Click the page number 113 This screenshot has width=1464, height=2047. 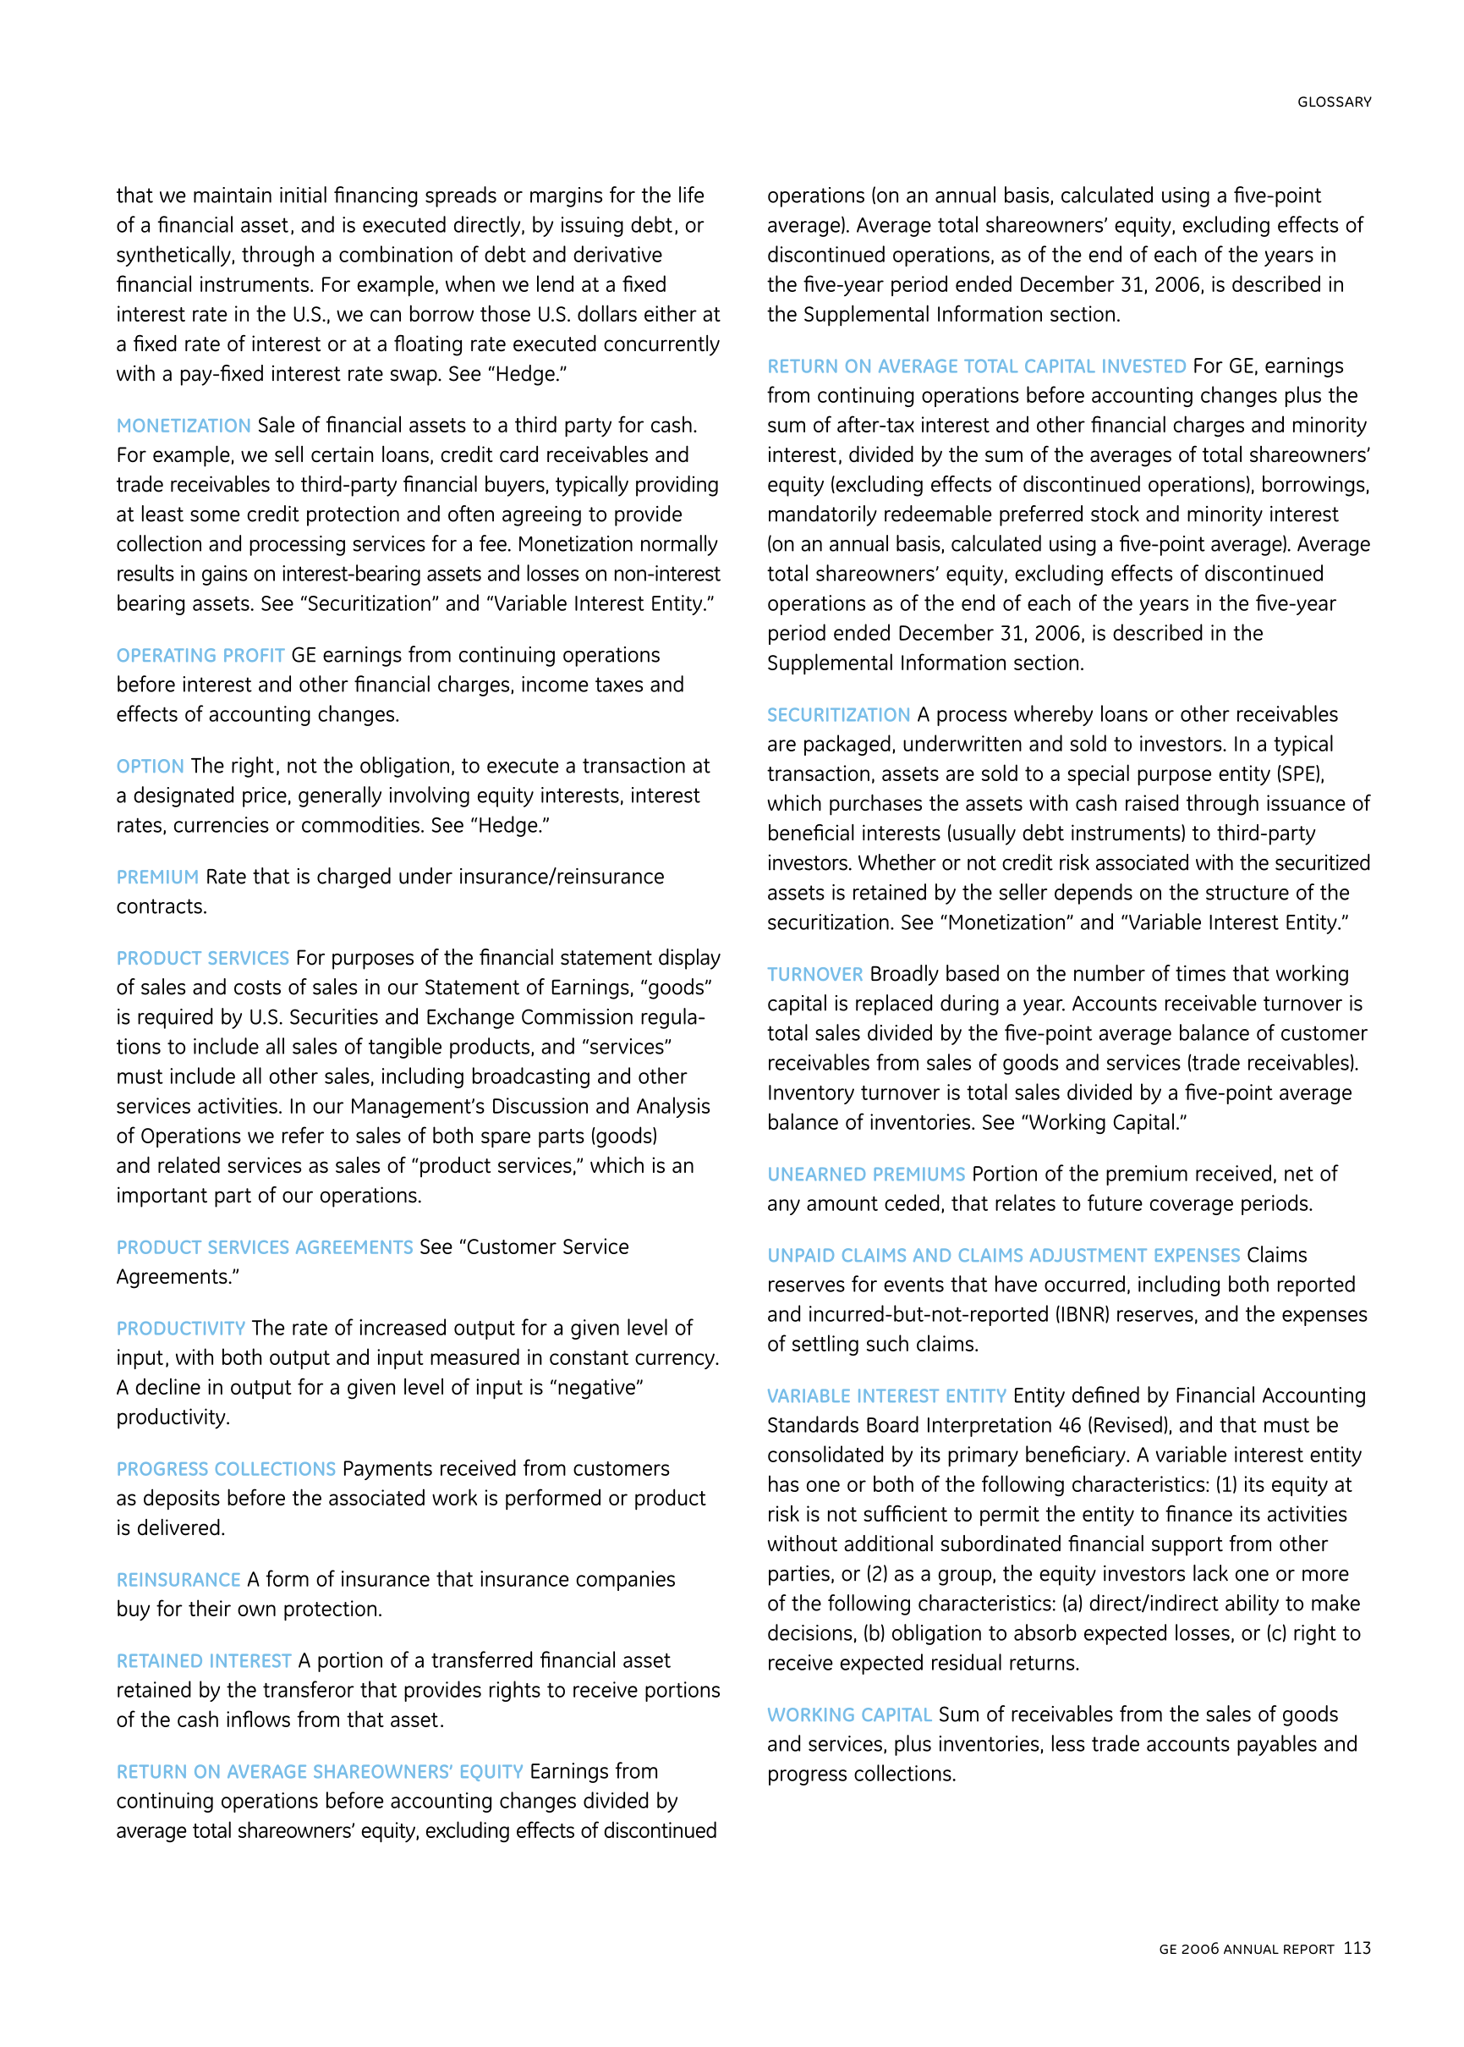[1356, 1948]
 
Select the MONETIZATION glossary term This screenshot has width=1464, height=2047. [183, 426]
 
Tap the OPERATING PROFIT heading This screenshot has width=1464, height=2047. [200, 656]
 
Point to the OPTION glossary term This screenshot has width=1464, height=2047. [150, 767]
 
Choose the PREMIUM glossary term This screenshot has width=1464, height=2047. [156, 878]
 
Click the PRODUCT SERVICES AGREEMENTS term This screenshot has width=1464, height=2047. [264, 1248]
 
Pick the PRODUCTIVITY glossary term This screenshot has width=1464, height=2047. [180, 1329]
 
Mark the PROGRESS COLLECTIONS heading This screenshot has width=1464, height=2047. [225, 1469]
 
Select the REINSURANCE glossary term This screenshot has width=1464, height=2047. [178, 1580]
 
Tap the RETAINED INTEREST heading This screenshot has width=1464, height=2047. [204, 1661]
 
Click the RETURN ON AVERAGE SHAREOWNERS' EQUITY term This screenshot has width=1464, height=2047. [319, 1772]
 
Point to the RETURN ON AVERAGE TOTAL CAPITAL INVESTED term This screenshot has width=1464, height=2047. [976, 367]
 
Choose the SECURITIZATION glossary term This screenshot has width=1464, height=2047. [838, 715]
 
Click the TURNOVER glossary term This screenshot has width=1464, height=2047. [815, 975]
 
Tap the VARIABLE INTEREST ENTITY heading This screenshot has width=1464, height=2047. [886, 1396]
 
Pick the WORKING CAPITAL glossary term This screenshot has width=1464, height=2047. [849, 1715]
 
